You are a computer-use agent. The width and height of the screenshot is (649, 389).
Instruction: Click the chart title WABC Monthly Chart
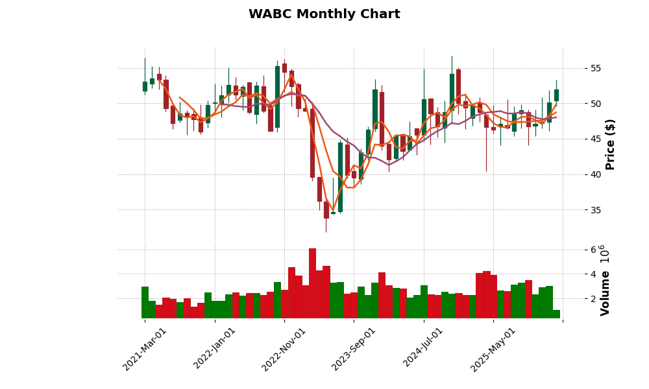[x=324, y=14]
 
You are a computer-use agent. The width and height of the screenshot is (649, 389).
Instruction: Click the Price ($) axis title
[x=610, y=144]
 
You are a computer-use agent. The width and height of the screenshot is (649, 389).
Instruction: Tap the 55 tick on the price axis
[x=595, y=68]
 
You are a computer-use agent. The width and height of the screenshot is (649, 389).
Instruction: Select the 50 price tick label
[x=595, y=104]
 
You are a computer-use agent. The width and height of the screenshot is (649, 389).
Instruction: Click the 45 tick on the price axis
[x=595, y=139]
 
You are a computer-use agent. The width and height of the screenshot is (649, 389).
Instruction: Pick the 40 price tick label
[x=595, y=174]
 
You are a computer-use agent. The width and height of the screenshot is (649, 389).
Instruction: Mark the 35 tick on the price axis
[x=595, y=210]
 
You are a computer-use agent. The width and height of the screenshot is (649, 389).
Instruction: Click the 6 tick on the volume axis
[x=593, y=250]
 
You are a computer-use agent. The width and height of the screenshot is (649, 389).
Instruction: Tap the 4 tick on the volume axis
[x=593, y=274]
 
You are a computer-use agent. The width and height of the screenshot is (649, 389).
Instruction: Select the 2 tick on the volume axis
[x=593, y=299]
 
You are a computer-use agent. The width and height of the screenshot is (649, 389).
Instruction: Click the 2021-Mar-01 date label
[x=145, y=349]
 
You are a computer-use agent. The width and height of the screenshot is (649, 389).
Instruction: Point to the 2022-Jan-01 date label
[x=215, y=349]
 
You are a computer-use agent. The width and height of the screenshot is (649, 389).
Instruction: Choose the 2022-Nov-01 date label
[x=284, y=349]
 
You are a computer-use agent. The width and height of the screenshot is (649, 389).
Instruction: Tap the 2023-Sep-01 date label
[x=354, y=349]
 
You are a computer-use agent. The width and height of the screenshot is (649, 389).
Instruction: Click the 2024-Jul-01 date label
[x=423, y=349]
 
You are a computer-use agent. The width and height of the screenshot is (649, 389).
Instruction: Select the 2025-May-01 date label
[x=493, y=349]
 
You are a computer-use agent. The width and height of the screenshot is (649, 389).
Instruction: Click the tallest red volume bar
[x=312, y=283]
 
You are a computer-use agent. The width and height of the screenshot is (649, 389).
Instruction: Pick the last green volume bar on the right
[x=556, y=314]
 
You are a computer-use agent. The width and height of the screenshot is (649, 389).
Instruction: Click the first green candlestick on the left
[x=145, y=86]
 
